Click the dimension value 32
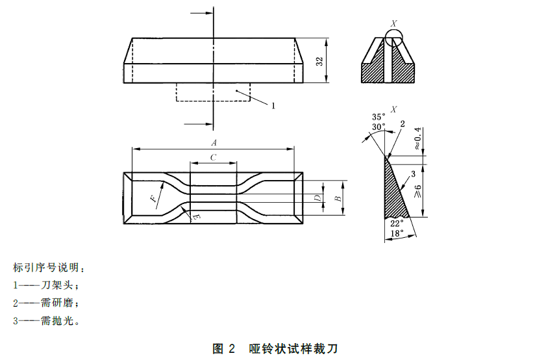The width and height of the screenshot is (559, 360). [319, 61]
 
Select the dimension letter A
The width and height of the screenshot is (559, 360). [213, 142]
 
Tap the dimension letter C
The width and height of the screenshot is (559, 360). [213, 157]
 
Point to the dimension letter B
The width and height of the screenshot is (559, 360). [338, 199]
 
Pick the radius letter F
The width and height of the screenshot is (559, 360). [153, 199]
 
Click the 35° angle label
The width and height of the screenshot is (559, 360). [379, 117]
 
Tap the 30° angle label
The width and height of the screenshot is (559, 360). [379, 126]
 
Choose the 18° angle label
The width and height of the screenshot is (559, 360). [397, 232]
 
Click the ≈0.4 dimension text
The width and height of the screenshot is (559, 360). [418, 138]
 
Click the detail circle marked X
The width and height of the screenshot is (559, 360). [393, 38]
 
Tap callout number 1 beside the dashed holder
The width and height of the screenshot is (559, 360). [273, 105]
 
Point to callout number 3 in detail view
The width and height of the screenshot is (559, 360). [412, 174]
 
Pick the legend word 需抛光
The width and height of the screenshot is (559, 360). [55, 320]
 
